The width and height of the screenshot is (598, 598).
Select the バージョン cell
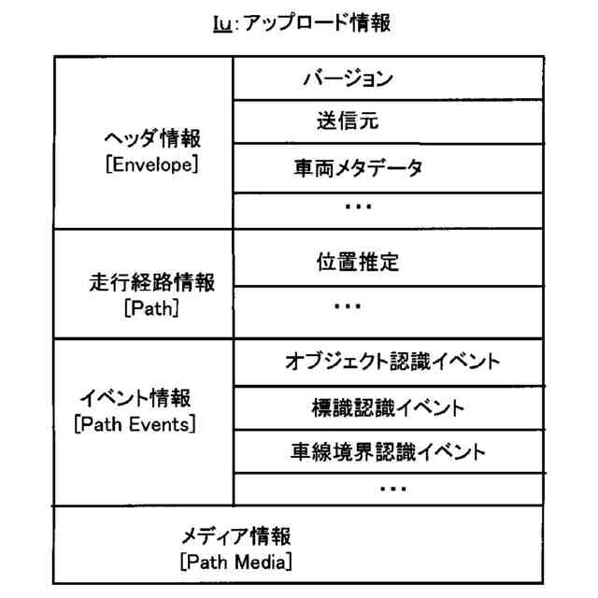click(x=347, y=78)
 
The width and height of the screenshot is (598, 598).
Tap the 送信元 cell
click(x=347, y=121)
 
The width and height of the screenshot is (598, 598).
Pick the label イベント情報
click(x=135, y=399)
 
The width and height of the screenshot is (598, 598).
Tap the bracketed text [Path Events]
click(x=135, y=424)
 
